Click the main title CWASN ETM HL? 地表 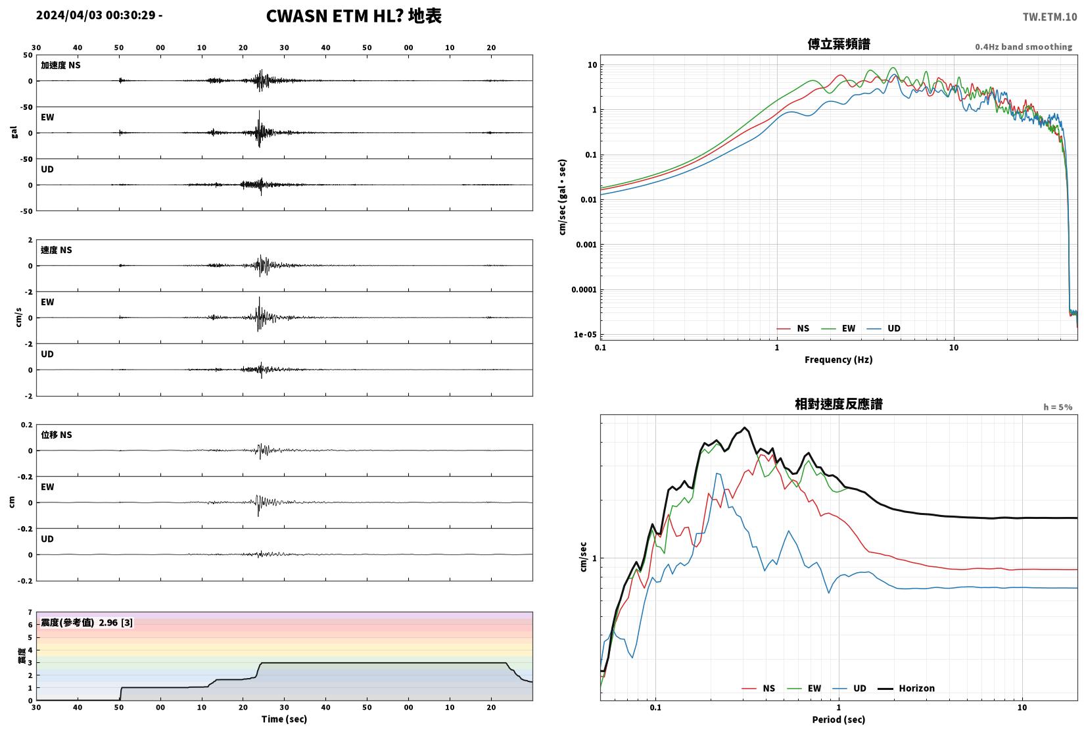tap(354, 16)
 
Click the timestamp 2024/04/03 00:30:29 tap(96, 15)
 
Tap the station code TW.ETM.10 tap(1050, 17)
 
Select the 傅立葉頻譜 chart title tap(839, 44)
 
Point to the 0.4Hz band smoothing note tap(1024, 47)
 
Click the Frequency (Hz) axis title tap(839, 360)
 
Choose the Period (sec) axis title tap(839, 720)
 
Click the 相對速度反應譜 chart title tap(839, 404)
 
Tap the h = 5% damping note tap(1058, 407)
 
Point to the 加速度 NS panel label tap(60, 65)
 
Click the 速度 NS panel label tap(56, 251)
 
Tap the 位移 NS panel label tap(56, 435)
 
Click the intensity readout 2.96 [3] tap(116, 623)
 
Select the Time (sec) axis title tap(284, 720)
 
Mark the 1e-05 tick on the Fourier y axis tap(585, 335)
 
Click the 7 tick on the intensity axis tap(30, 612)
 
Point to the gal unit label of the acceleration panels tap(14, 133)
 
